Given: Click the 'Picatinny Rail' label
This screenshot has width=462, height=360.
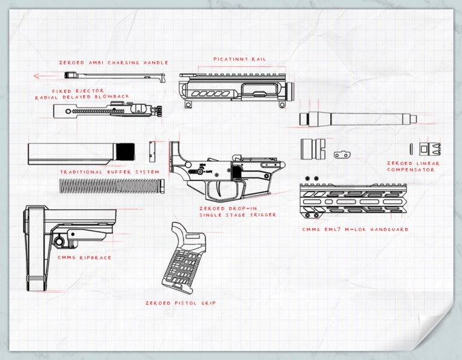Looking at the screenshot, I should tap(239, 60).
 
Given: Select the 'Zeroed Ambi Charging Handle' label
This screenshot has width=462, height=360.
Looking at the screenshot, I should tap(113, 63).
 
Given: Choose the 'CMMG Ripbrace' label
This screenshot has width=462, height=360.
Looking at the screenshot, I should tap(84, 258).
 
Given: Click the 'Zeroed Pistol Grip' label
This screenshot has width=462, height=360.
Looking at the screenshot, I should tap(180, 303).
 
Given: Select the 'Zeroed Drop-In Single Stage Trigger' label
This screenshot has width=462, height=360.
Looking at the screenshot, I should tap(238, 212).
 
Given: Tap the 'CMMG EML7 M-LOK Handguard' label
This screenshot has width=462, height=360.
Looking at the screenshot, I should tap(355, 229).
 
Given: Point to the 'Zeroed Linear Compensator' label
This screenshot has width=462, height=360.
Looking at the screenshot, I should tap(413, 167).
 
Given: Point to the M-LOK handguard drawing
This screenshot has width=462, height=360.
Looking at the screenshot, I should tap(355, 200).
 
